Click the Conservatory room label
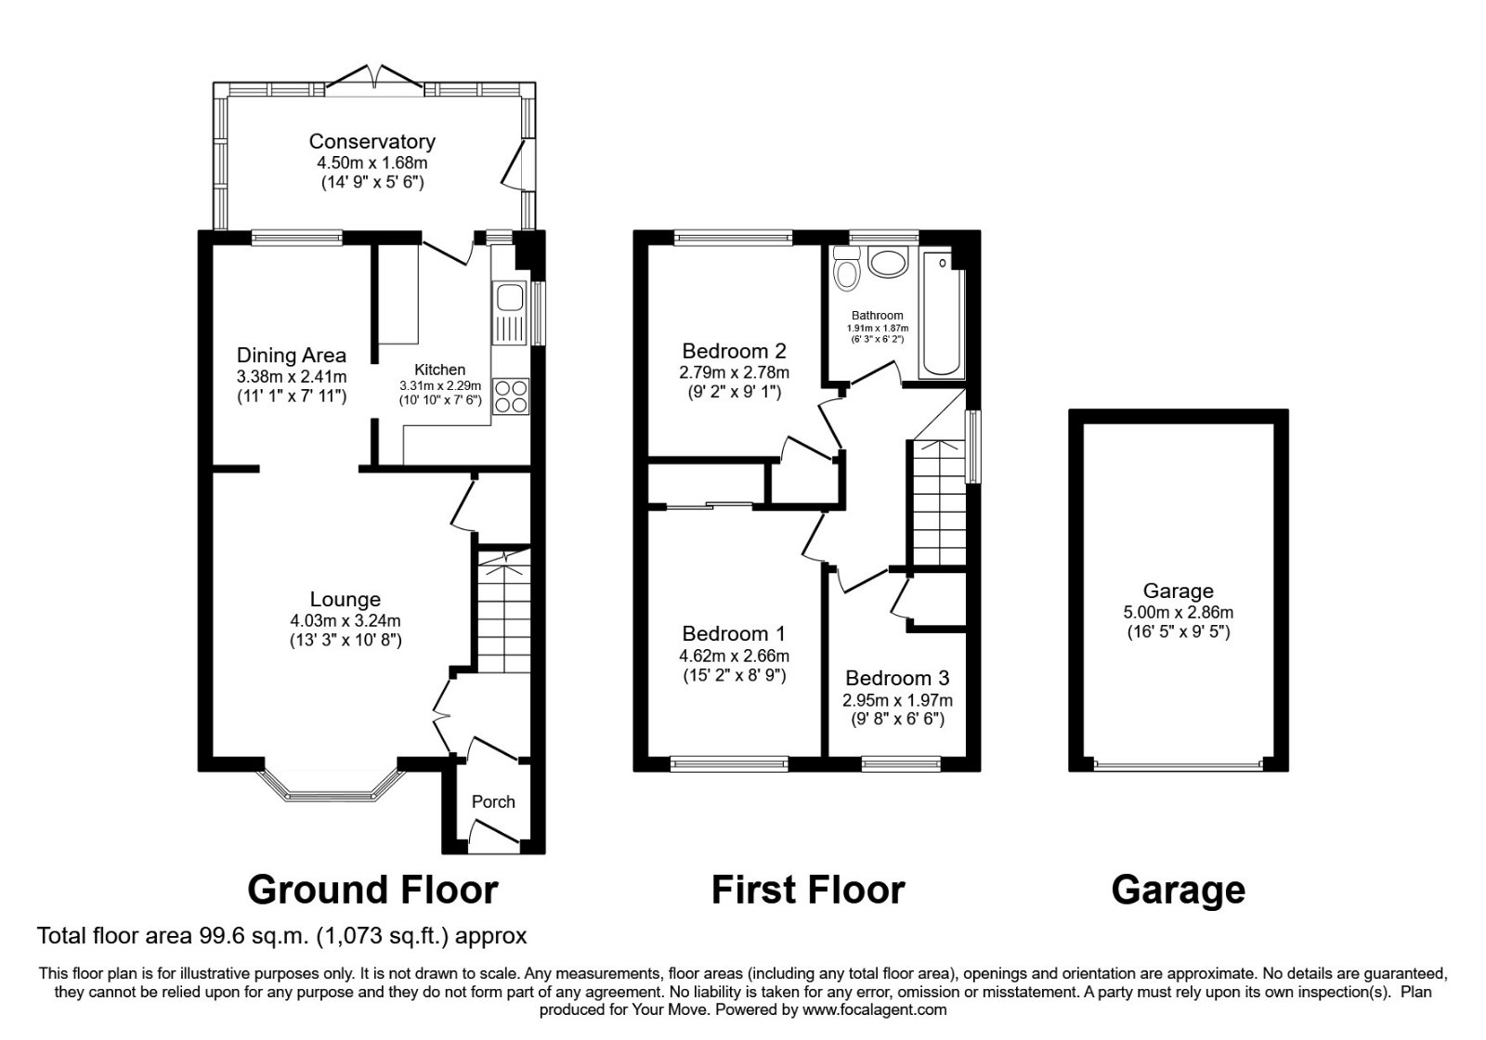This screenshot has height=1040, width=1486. pyautogui.click(x=371, y=142)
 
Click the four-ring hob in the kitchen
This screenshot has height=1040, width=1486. pyautogui.click(x=510, y=396)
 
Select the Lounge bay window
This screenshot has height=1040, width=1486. pyautogui.click(x=332, y=789)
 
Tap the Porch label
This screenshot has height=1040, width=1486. pyautogui.click(x=493, y=801)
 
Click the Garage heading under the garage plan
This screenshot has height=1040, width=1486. pyautogui.click(x=1178, y=890)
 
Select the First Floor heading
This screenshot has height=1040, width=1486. pyautogui.click(x=807, y=890)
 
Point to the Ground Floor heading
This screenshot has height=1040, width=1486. pyautogui.click(x=372, y=890)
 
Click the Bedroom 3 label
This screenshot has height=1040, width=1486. pyautogui.click(x=897, y=678)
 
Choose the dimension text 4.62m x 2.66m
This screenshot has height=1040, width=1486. pyautogui.click(x=734, y=655)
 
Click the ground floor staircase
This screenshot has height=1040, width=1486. pyautogui.click(x=503, y=608)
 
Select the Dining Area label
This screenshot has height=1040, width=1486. pyautogui.click(x=292, y=355)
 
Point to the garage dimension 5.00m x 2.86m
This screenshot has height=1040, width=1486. pyautogui.click(x=1178, y=613)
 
